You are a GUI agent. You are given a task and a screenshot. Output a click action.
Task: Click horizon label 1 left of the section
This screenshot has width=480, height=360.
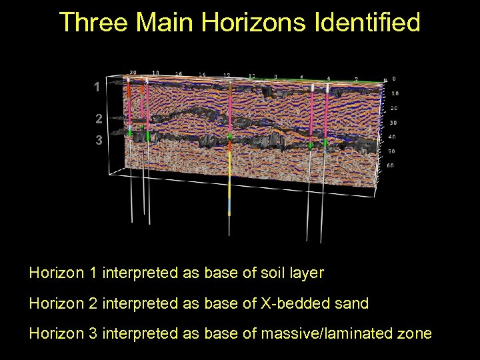[97, 87]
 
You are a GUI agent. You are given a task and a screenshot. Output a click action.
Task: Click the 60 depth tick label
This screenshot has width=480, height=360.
[390, 165]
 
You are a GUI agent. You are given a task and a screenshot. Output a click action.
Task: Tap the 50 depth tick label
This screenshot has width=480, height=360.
[392, 151]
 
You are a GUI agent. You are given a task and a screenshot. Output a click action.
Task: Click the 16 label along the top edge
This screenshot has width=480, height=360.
[179, 73]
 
